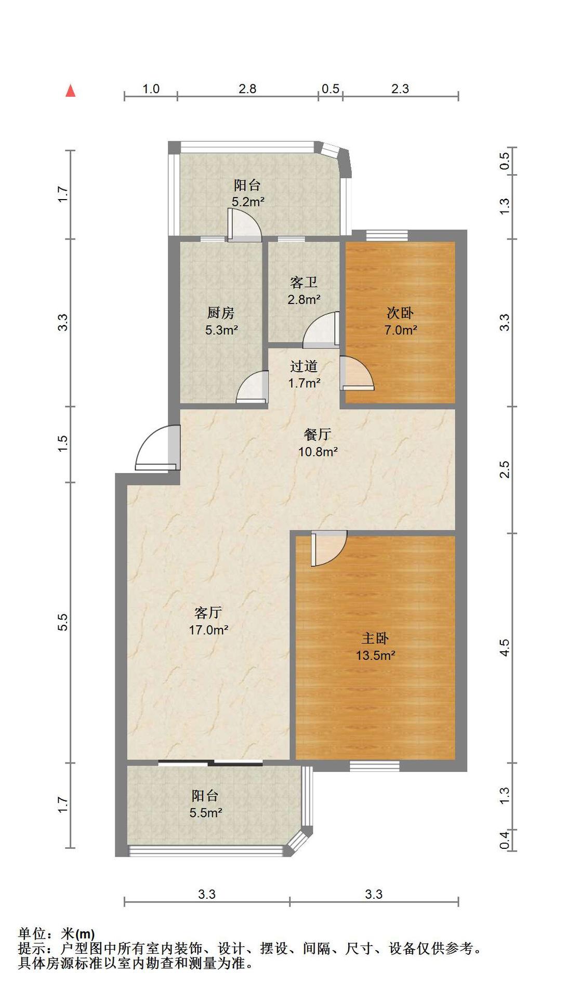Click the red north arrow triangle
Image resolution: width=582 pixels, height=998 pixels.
click(x=71, y=91)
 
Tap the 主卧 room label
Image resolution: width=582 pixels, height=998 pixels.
click(x=375, y=638)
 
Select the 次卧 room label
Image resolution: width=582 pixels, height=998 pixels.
click(x=400, y=313)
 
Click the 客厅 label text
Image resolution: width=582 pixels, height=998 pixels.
click(x=208, y=613)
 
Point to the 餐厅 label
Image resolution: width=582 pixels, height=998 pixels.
click(x=318, y=435)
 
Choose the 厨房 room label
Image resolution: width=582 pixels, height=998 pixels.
click(x=221, y=313)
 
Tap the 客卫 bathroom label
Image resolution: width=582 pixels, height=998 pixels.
click(x=303, y=283)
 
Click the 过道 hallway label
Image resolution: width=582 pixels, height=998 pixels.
click(x=304, y=366)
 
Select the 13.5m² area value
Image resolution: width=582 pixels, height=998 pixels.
click(x=375, y=655)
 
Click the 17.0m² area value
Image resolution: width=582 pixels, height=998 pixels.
click(x=208, y=630)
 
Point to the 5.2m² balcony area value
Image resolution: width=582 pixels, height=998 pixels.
click(x=248, y=202)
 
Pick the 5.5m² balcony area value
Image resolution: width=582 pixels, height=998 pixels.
click(x=206, y=812)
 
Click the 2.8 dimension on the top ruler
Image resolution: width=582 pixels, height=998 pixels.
click(x=247, y=89)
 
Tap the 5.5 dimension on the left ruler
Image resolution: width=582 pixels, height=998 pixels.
click(x=63, y=622)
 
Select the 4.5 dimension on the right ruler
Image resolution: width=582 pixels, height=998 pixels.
click(x=504, y=648)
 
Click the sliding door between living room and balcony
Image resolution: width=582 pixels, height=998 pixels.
click(x=210, y=763)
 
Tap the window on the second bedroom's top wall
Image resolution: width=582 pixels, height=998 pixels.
click(x=387, y=235)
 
